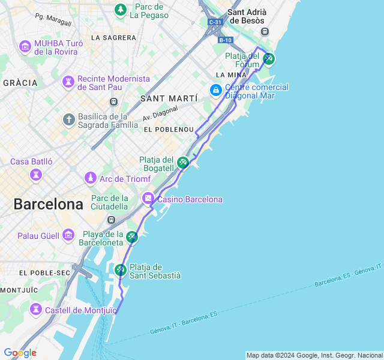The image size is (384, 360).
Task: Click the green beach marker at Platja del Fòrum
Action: [269, 59]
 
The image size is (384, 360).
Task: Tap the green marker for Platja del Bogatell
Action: [183, 162]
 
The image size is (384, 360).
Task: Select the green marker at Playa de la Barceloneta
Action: [132, 237]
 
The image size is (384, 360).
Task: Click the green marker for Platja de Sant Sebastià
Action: [121, 270]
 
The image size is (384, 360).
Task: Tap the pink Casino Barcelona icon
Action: [148, 199]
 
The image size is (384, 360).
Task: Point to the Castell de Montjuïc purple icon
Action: [36, 310]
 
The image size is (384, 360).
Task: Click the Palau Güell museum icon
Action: [68, 235]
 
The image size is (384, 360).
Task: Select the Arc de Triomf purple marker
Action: [90, 178]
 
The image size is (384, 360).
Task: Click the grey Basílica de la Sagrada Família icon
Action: [69, 119]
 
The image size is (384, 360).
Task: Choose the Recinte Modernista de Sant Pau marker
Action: [68, 81]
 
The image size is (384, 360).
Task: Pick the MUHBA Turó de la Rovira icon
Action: [25, 46]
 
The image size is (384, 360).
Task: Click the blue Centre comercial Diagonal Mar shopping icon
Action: [215, 90]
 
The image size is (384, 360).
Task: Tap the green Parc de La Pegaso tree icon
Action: [121, 10]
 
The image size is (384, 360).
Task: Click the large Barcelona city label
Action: [48, 204]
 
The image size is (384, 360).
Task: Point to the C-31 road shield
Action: [215, 22]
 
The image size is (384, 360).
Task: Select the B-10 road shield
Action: [225, 40]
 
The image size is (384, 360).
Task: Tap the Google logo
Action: [20, 353]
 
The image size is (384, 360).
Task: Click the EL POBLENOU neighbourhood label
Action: [169, 130]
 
